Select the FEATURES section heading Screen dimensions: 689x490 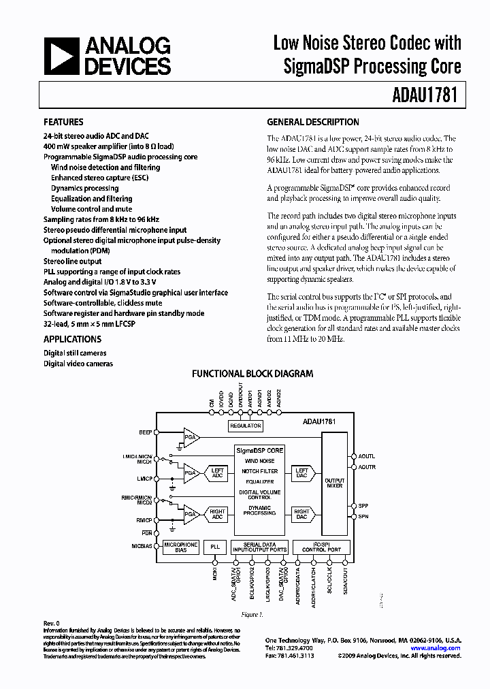[63, 123]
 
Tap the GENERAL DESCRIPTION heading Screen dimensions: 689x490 [312, 123]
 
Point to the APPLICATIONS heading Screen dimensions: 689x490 [72, 339]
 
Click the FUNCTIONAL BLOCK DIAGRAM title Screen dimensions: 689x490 [252, 374]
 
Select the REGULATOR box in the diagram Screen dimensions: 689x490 [246, 426]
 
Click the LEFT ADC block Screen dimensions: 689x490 [217, 472]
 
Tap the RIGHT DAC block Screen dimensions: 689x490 [301, 514]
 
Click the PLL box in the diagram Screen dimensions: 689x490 [215, 547]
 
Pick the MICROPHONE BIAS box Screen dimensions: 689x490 [180, 547]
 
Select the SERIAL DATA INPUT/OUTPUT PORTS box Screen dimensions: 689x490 [259, 547]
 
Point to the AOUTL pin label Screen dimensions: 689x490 [366, 456]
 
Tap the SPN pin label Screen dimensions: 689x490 [363, 517]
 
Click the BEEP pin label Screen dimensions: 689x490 [145, 432]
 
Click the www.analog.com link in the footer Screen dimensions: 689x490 [441, 648]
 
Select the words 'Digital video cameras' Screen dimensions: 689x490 [78, 364]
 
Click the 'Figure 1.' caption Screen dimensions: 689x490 [252, 614]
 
